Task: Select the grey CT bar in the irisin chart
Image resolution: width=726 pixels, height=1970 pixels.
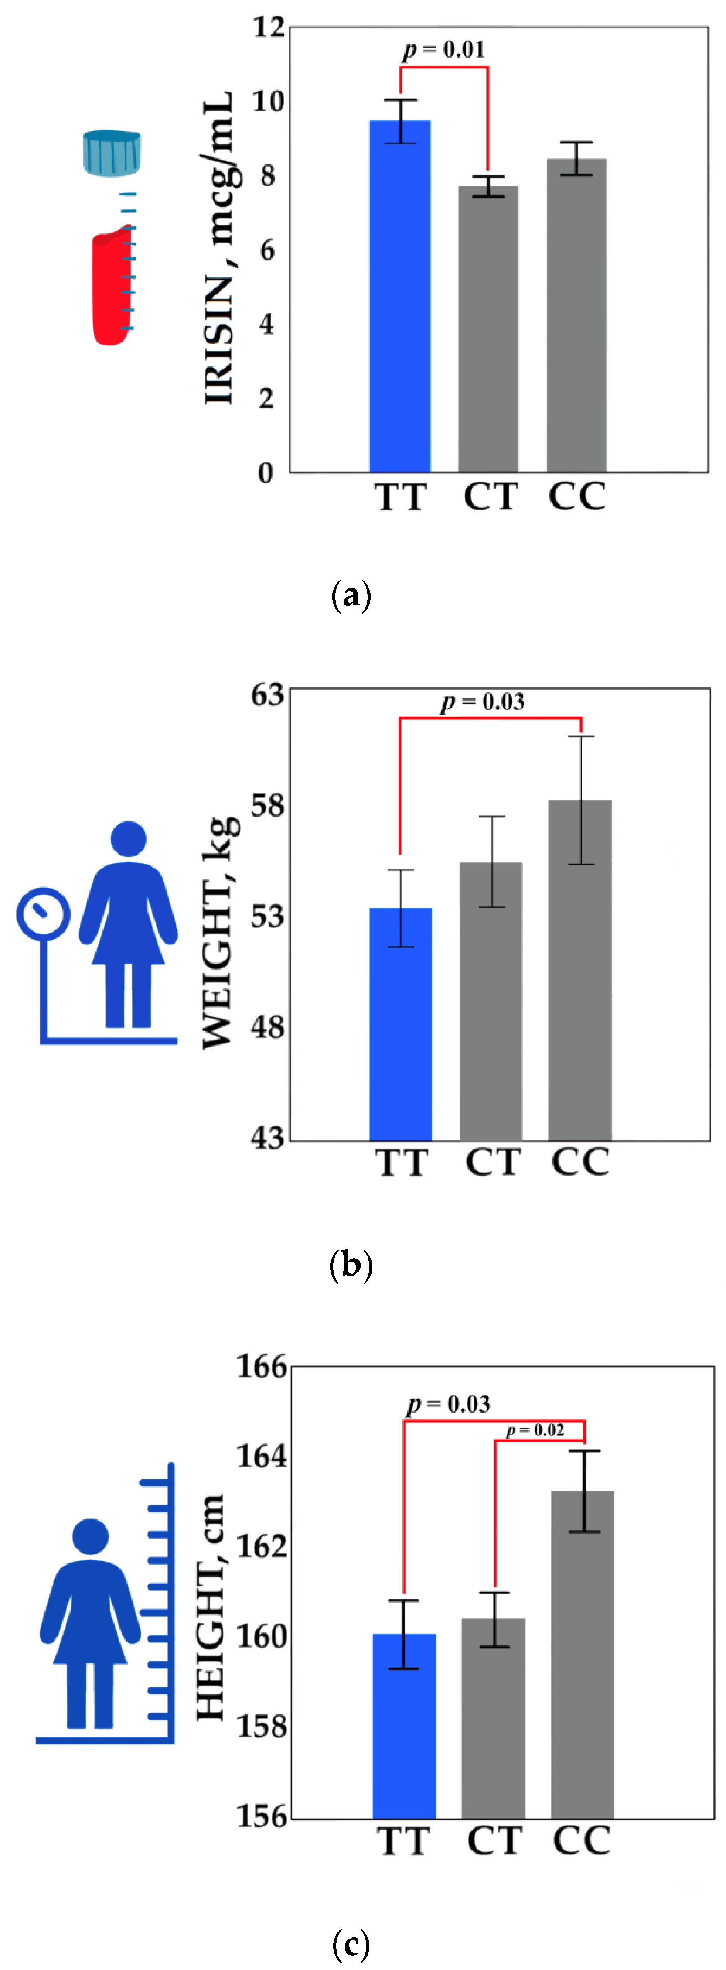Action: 487,329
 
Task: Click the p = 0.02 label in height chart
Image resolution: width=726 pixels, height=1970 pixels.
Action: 535,1430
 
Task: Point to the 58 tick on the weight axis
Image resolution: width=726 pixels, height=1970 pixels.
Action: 267,805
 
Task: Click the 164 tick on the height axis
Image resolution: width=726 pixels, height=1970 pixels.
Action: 261,1455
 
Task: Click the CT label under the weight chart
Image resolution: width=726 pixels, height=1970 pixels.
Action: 493,1163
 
